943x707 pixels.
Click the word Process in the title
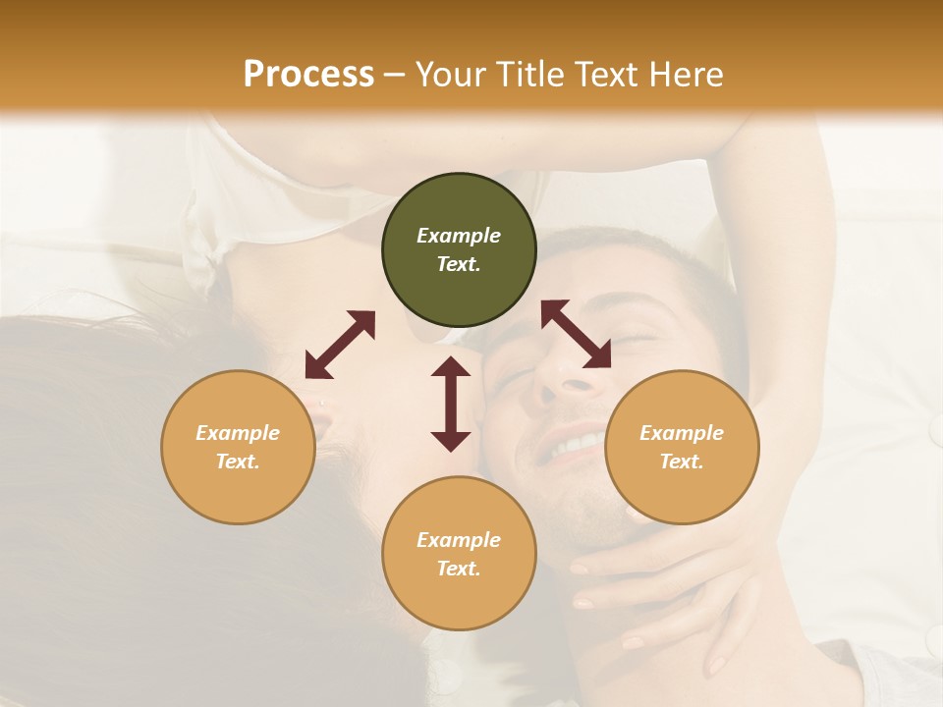[x=308, y=74]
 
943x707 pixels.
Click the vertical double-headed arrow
[x=451, y=404]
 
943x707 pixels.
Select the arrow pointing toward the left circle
[x=340, y=345]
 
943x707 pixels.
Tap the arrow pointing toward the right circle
[x=576, y=334]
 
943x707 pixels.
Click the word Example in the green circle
[x=459, y=236]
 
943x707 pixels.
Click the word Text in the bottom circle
[x=459, y=569]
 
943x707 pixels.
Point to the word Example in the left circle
[x=238, y=433]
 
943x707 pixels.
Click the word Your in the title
[x=451, y=74]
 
